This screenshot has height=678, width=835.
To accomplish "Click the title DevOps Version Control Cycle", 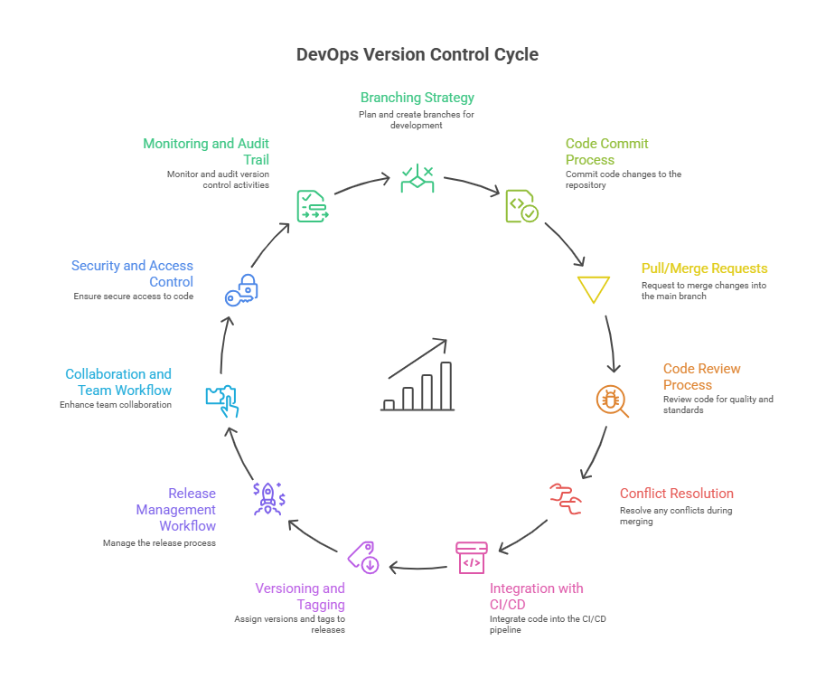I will pos(417,54).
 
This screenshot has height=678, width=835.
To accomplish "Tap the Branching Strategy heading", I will pos(417,98).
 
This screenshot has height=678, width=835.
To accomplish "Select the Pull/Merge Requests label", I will pos(704,268).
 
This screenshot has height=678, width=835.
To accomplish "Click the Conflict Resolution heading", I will pos(676,494).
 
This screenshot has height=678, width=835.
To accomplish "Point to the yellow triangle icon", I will pos(594,289).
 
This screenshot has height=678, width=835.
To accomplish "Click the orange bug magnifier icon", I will pos(611,400).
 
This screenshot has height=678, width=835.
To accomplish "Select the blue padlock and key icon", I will pos(242,288).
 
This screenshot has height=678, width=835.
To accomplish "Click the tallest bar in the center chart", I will pos(446,386).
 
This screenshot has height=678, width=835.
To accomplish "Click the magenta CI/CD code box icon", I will pos(471,557).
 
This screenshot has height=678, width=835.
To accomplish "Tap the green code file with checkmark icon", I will pos(521,206).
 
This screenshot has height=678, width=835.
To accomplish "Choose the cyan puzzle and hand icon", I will pos(222,400).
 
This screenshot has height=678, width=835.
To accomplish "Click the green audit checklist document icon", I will pos(311,206).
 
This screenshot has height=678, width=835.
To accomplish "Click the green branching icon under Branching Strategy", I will pos(417,178).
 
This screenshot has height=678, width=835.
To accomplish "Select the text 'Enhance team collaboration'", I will pos(116,405).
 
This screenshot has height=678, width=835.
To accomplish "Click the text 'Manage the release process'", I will pos(159,542).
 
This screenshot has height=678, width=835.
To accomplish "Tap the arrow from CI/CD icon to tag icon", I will pos(418,568).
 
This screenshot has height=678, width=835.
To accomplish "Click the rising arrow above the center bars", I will pos(418,358).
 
